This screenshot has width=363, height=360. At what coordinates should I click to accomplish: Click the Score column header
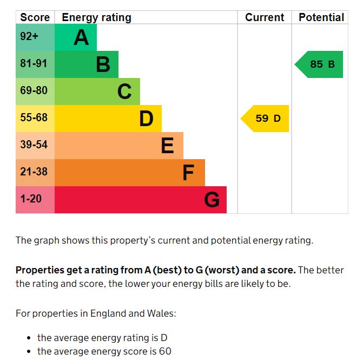pyautogui.click(x=35, y=17)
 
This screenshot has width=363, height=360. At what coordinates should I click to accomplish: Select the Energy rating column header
pyautogui.click(x=96, y=17)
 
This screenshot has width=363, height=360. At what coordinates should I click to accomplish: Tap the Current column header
pyautogui.click(x=265, y=17)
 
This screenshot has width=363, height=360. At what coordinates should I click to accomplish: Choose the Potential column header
pyautogui.click(x=321, y=17)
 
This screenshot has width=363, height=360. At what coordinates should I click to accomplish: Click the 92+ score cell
pyautogui.click(x=29, y=37)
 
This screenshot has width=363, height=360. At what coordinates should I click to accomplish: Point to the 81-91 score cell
pyautogui.click(x=34, y=64)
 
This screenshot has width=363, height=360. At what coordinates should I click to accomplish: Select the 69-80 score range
pyautogui.click(x=34, y=91)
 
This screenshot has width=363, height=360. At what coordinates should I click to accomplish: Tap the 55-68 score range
pyautogui.click(x=34, y=118)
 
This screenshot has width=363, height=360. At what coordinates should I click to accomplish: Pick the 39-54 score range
pyautogui.click(x=34, y=145)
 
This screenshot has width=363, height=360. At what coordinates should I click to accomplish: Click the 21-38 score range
pyautogui.click(x=34, y=172)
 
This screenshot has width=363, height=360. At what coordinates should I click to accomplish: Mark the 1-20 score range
pyautogui.click(x=31, y=199)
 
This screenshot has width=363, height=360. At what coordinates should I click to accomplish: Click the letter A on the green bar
pyautogui.click(x=81, y=38)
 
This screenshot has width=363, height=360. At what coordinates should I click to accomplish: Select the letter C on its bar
pyautogui.click(x=124, y=92)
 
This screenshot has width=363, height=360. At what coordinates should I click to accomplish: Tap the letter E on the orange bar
pyautogui.click(x=168, y=146)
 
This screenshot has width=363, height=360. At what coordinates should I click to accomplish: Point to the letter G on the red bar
pyautogui.click(x=212, y=200)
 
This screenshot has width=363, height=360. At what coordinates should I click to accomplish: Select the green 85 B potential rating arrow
pyautogui.click(x=320, y=64)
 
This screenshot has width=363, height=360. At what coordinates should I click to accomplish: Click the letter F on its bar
pyautogui.click(x=188, y=173)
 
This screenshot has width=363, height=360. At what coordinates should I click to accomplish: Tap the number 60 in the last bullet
pyautogui.click(x=165, y=351)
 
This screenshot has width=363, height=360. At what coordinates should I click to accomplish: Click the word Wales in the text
pyautogui.click(x=162, y=313)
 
